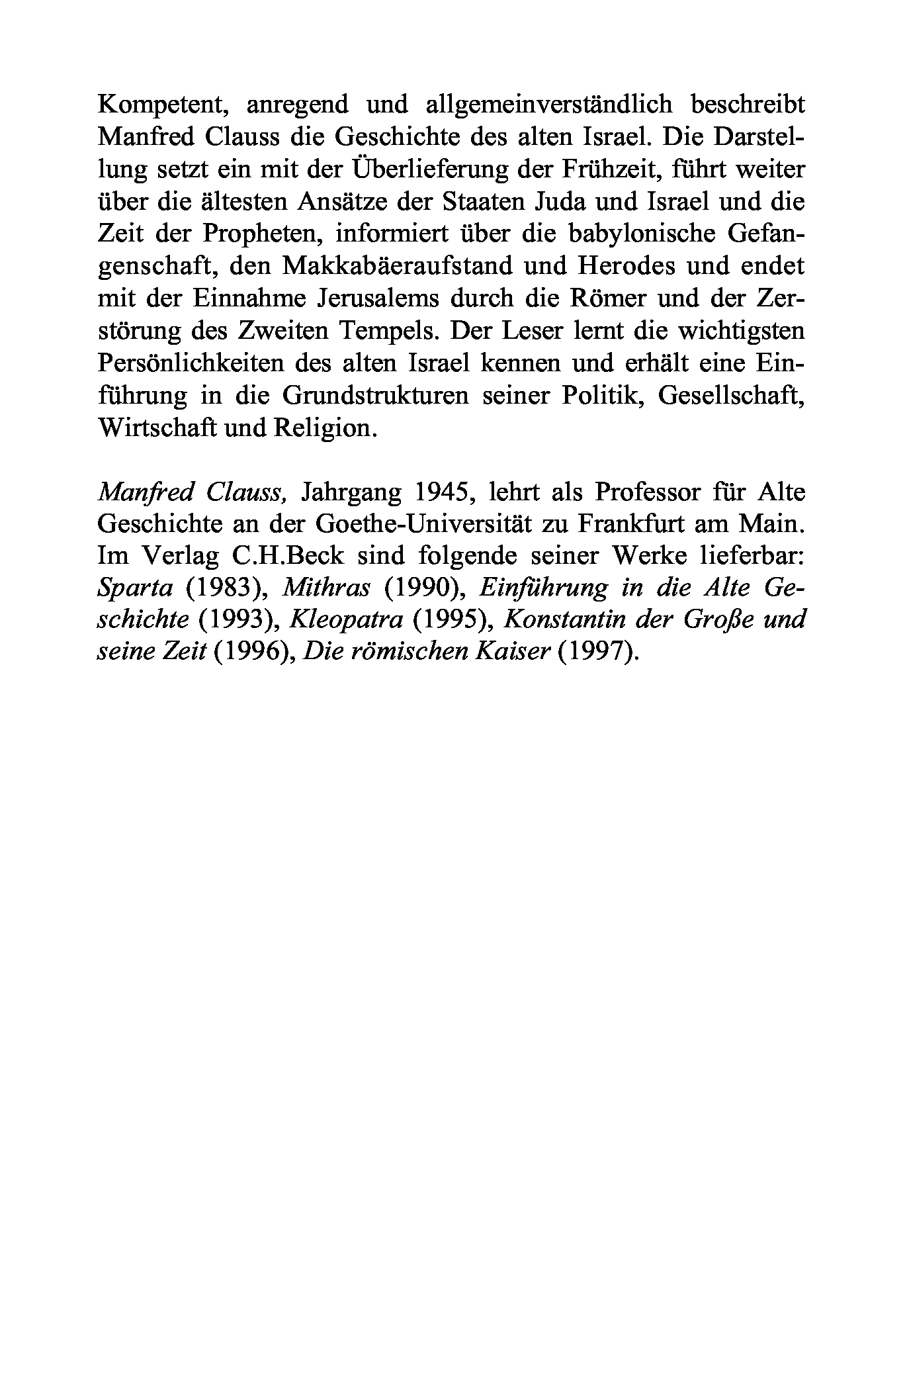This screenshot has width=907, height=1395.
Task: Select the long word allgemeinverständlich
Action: [x=549, y=105]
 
